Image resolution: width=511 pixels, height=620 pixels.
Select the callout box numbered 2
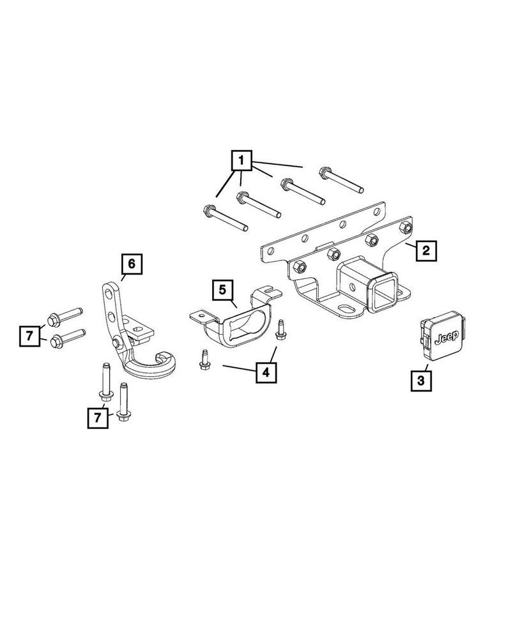click(426, 250)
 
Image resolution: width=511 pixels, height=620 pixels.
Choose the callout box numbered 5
click(222, 290)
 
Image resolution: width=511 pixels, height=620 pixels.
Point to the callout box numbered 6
click(132, 263)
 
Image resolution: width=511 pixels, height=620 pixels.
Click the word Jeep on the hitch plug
click(445, 338)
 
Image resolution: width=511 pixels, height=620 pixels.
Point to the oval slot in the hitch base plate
click(347, 308)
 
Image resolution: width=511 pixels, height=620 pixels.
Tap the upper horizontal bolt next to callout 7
click(64, 314)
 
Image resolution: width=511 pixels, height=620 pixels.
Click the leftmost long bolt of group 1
click(224, 218)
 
